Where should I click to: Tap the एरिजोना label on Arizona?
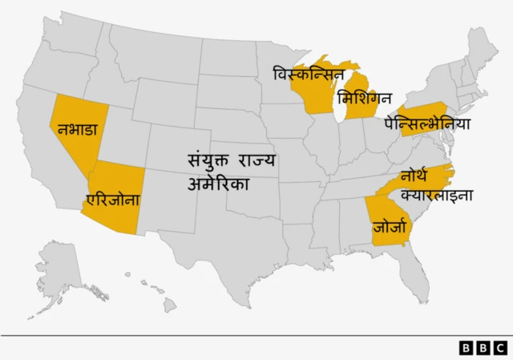click(x=113, y=200)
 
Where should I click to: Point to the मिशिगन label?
click(x=365, y=99)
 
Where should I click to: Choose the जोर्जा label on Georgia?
click(x=390, y=227)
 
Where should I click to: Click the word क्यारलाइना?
click(x=437, y=195)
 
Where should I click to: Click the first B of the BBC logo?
click(x=467, y=348)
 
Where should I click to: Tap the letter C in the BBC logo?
click(x=500, y=348)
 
